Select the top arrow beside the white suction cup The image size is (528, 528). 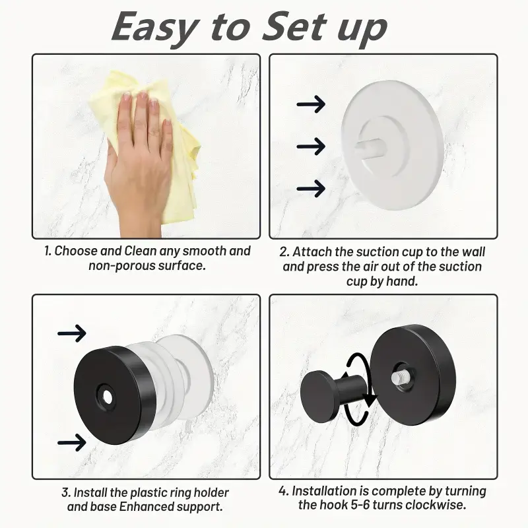point(311,104)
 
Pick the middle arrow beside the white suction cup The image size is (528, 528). point(311,146)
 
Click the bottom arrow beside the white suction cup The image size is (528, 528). point(311,188)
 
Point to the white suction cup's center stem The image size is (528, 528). point(369,148)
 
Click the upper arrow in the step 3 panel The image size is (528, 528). point(72,333)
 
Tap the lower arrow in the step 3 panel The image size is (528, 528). point(72,442)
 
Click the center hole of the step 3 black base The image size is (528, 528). point(108,397)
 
